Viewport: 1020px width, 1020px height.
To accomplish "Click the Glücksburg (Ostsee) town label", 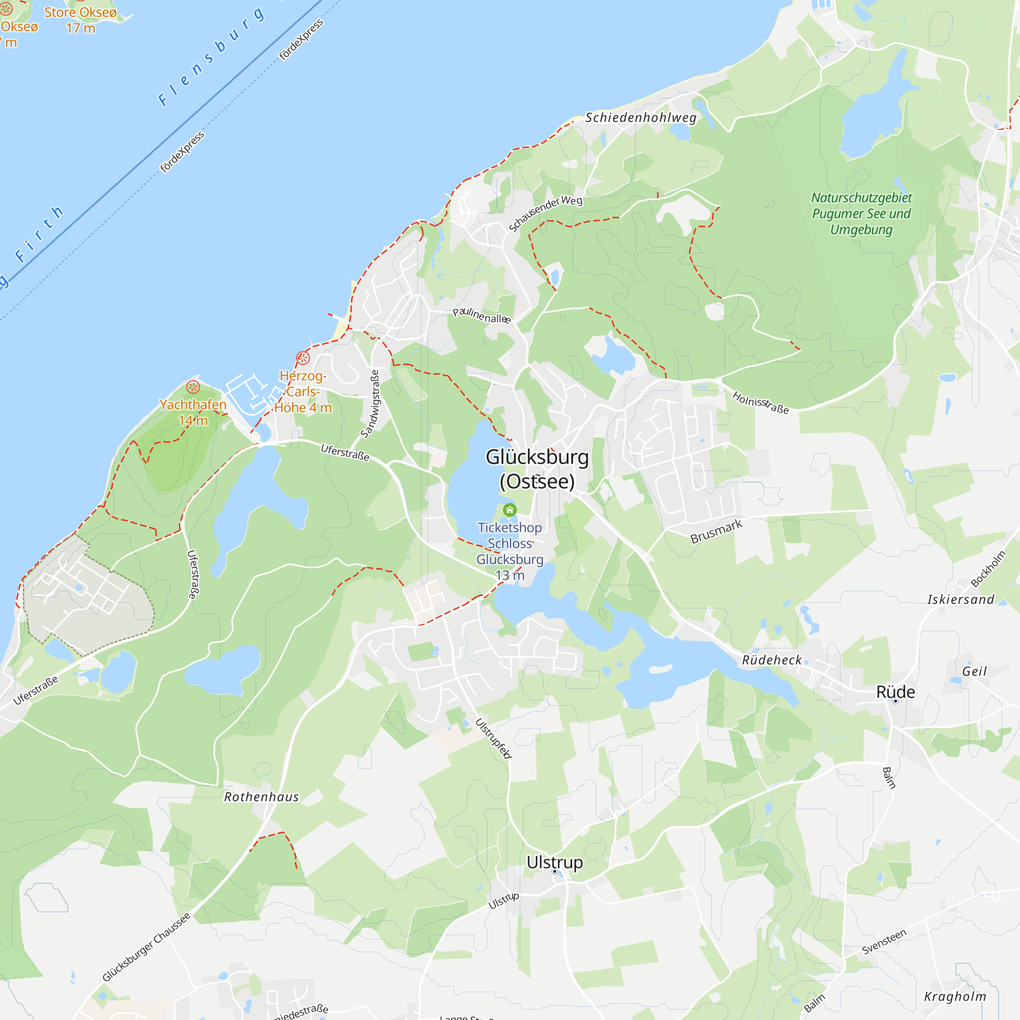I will [537, 469].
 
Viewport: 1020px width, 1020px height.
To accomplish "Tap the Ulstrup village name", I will [554, 862].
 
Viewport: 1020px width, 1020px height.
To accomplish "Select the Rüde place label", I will [896, 692].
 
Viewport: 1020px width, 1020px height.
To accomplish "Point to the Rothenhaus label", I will [261, 797].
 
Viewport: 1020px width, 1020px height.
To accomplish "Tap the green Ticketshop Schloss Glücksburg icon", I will [509, 510].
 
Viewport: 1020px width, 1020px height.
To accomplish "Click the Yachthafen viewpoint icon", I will [193, 387].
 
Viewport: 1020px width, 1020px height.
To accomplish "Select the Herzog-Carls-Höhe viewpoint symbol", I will [302, 359].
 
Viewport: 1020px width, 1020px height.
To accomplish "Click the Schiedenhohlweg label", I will [641, 118].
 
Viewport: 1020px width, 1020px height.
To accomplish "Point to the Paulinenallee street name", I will [481, 315].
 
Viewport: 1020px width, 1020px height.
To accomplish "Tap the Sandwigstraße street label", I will [370, 404].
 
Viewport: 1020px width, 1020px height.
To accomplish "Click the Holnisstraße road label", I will [760, 402].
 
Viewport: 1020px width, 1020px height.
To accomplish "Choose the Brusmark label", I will [716, 531].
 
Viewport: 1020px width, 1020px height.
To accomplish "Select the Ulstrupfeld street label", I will [494, 738].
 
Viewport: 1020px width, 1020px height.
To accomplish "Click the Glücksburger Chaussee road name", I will [146, 947].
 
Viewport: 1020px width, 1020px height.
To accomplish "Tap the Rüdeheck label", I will [772, 660].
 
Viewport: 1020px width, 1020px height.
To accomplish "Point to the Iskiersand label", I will [961, 599].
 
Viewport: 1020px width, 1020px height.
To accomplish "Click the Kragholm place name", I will [955, 996].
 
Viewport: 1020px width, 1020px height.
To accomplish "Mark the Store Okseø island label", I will [80, 12].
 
